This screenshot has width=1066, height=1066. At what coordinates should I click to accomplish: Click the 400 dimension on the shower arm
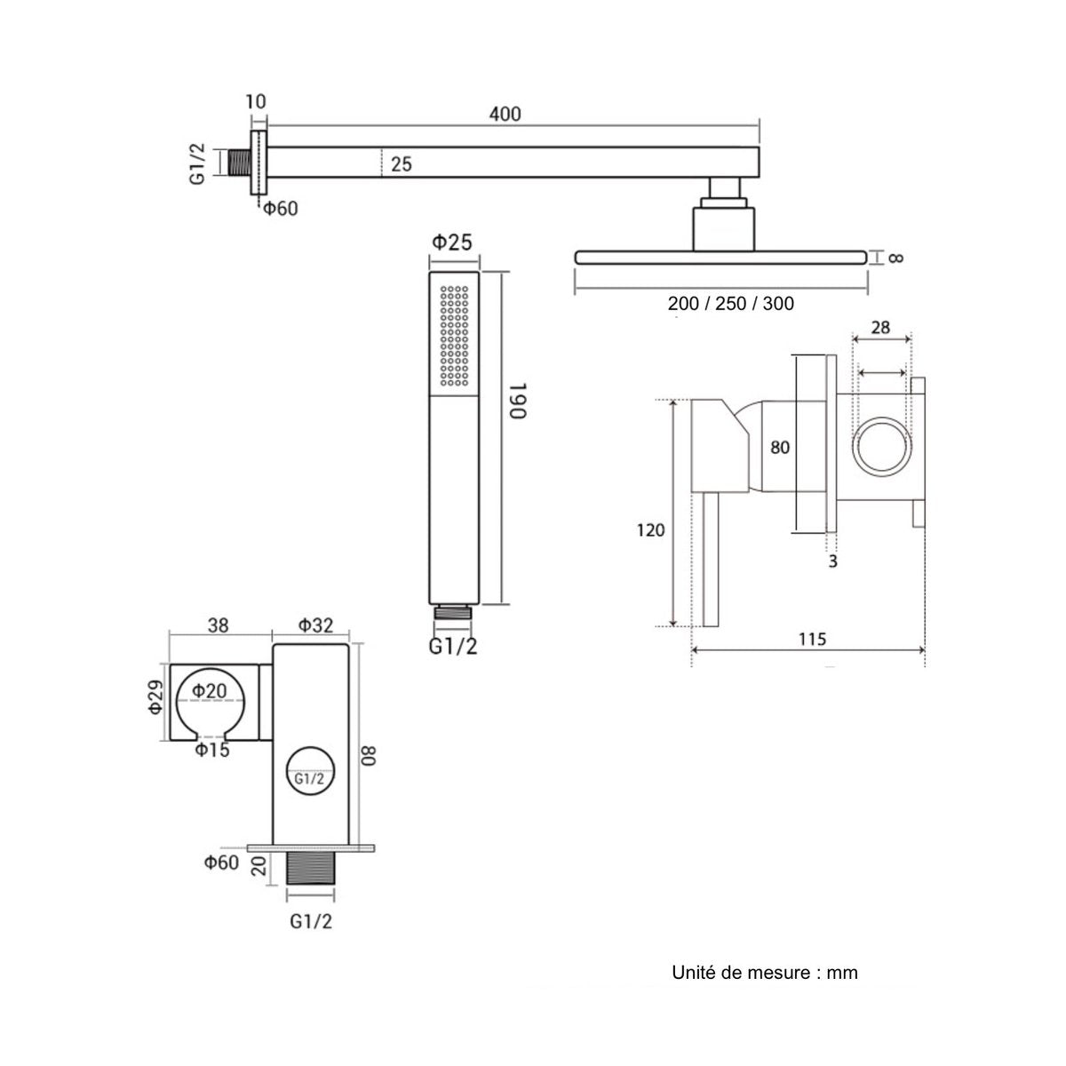(x=505, y=114)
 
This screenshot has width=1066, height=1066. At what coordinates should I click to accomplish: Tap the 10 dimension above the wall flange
(x=256, y=102)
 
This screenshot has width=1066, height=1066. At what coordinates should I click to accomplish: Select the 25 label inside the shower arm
(x=401, y=164)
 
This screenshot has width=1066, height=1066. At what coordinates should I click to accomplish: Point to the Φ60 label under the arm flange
(x=280, y=209)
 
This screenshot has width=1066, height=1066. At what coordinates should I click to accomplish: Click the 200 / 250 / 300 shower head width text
(x=730, y=304)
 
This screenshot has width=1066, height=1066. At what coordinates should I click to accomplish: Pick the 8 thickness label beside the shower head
(x=895, y=259)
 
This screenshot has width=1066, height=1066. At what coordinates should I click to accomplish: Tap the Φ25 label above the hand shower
(x=452, y=243)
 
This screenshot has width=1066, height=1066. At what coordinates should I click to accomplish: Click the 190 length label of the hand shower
(x=518, y=401)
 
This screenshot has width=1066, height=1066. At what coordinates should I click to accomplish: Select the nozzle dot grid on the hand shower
(x=454, y=336)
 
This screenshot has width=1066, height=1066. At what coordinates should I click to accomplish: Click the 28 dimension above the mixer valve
(x=880, y=328)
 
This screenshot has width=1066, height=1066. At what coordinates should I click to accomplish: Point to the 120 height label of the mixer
(x=650, y=530)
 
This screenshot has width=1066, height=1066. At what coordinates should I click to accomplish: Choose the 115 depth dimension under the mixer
(x=812, y=640)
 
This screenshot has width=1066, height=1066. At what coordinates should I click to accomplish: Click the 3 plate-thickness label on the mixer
(x=832, y=561)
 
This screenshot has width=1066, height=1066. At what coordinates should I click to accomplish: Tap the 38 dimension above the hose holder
(x=218, y=625)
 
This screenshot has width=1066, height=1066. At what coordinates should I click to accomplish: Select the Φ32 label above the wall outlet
(x=316, y=625)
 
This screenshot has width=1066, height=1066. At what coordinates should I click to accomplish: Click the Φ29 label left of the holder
(x=155, y=696)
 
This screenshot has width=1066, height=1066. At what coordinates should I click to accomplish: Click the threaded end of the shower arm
(x=240, y=163)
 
